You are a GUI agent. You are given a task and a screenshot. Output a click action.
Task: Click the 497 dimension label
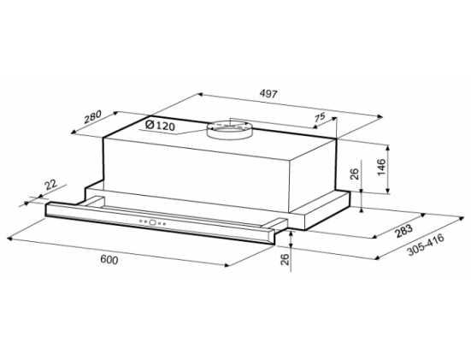[268, 94]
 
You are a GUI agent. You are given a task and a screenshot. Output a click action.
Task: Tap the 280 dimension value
[93, 117]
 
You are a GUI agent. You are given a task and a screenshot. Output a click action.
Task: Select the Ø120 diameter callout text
[160, 125]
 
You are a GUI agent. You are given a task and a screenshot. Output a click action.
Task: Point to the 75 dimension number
[320, 116]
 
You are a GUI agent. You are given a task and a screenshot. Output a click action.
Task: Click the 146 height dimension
[380, 167]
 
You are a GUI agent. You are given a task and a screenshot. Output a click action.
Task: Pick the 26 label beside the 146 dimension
[355, 174]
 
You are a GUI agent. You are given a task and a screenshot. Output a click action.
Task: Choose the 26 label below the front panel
[285, 259]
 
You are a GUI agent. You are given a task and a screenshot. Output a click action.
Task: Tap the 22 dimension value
[50, 184]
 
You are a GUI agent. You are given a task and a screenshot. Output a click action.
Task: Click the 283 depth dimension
[404, 231]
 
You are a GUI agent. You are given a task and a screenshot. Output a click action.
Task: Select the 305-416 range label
[426, 245]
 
